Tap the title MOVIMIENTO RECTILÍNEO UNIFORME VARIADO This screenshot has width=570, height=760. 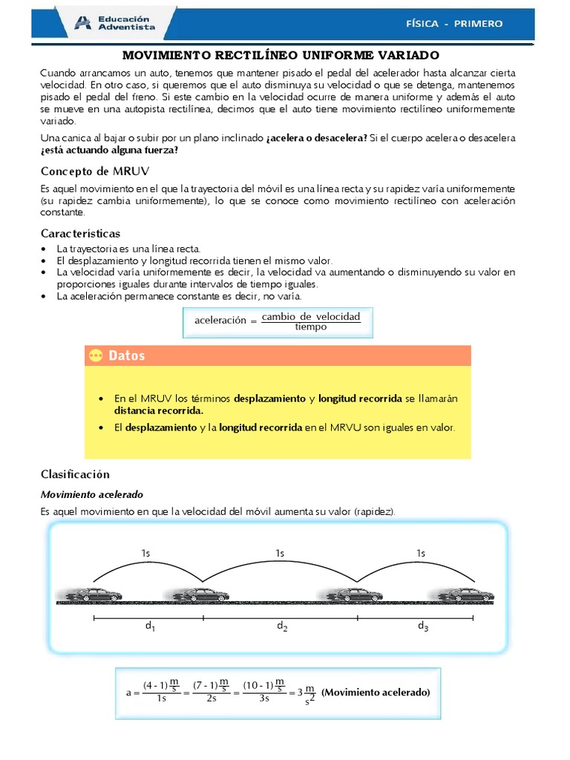(x=281, y=56)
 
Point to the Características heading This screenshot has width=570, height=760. (x=80, y=234)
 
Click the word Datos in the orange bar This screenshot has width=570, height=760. (x=127, y=356)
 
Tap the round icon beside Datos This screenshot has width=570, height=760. (x=95, y=356)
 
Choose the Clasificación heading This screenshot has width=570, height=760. (x=75, y=474)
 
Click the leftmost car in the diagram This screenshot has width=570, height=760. (x=94, y=594)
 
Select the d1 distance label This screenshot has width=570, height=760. (x=150, y=626)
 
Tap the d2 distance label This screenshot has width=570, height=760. (x=282, y=626)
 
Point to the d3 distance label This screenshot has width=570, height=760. (x=423, y=626)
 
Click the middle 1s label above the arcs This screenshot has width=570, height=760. (x=280, y=553)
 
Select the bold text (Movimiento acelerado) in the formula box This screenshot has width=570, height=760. (x=376, y=692)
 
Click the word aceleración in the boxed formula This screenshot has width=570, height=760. (x=220, y=321)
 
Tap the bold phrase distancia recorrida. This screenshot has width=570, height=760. (x=158, y=410)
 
